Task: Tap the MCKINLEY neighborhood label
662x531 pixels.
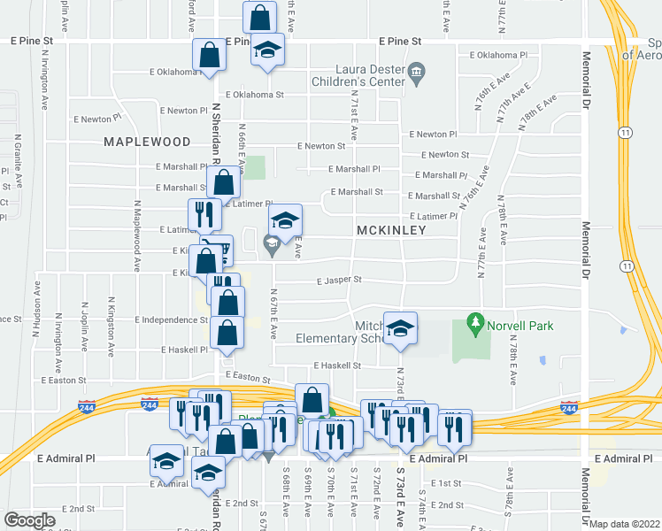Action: click(391, 230)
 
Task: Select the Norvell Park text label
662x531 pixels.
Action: click(522, 326)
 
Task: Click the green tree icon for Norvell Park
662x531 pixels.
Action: click(476, 325)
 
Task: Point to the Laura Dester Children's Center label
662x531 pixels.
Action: click(355, 79)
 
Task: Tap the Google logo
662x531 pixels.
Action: click(29, 520)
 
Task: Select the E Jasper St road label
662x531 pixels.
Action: click(341, 280)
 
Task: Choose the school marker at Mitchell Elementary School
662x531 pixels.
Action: click(400, 329)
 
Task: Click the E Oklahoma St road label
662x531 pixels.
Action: click(254, 95)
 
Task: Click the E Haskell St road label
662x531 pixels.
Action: click(338, 365)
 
